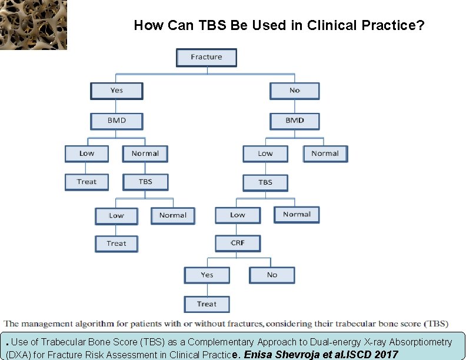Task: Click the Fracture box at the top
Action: [x=207, y=57]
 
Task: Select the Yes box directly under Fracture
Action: [x=116, y=91]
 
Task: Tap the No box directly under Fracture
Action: [x=295, y=91]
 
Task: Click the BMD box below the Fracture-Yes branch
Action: [x=116, y=121]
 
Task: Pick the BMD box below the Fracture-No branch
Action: [x=295, y=121]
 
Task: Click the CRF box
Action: [x=238, y=242]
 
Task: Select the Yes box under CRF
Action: [x=207, y=275]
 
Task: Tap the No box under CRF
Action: [x=272, y=275]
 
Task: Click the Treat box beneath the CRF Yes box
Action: [x=207, y=304]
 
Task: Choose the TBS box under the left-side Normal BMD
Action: [x=145, y=182]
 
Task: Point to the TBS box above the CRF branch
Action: [x=265, y=182]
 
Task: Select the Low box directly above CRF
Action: [x=238, y=215]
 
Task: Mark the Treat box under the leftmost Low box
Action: [x=86, y=182]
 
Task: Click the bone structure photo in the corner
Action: [x=34, y=25]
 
